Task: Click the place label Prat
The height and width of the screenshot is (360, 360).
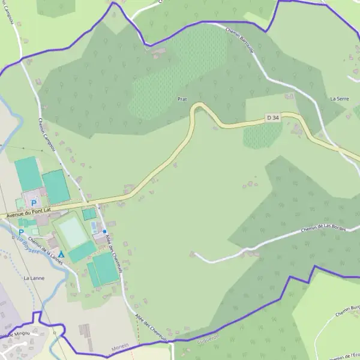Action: [183, 98]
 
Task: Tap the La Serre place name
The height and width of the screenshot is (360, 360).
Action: [340, 98]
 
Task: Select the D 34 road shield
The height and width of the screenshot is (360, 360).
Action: [273, 118]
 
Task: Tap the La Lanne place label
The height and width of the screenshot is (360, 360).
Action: [34, 278]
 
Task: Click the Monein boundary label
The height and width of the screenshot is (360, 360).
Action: [120, 348]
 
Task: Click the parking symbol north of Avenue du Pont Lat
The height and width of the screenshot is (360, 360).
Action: [34, 203]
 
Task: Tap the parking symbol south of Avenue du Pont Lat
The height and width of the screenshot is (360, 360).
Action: [22, 232]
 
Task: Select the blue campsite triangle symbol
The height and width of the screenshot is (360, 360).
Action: [61, 254]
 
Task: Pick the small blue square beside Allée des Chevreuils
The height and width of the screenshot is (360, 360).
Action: [104, 231]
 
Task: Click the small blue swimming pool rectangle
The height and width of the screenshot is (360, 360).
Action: [94, 227]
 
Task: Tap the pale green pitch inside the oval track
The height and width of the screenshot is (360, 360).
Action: [73, 233]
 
